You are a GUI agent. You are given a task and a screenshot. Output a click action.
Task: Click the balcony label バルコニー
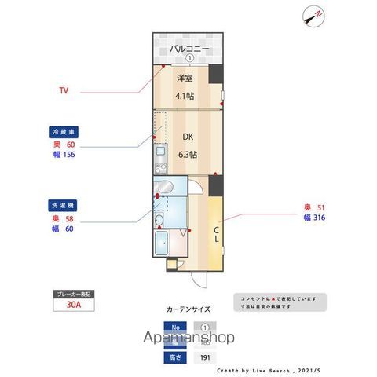pyautogui.click(x=188, y=48)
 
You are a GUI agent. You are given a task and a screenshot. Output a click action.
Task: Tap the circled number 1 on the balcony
pyautogui.click(x=189, y=59)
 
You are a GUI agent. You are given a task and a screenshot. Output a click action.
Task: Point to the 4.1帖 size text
pyautogui.click(x=185, y=96)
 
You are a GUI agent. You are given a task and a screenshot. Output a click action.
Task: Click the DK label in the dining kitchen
pyautogui.click(x=188, y=137)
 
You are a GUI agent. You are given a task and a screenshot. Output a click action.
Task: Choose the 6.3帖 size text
pyautogui.click(x=188, y=154)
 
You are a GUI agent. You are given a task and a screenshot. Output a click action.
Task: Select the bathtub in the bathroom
pyautogui.click(x=164, y=243)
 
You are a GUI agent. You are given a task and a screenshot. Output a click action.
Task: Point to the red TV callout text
pyautogui.click(x=64, y=90)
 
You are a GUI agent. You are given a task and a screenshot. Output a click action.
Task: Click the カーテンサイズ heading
pyautogui.click(x=188, y=309)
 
